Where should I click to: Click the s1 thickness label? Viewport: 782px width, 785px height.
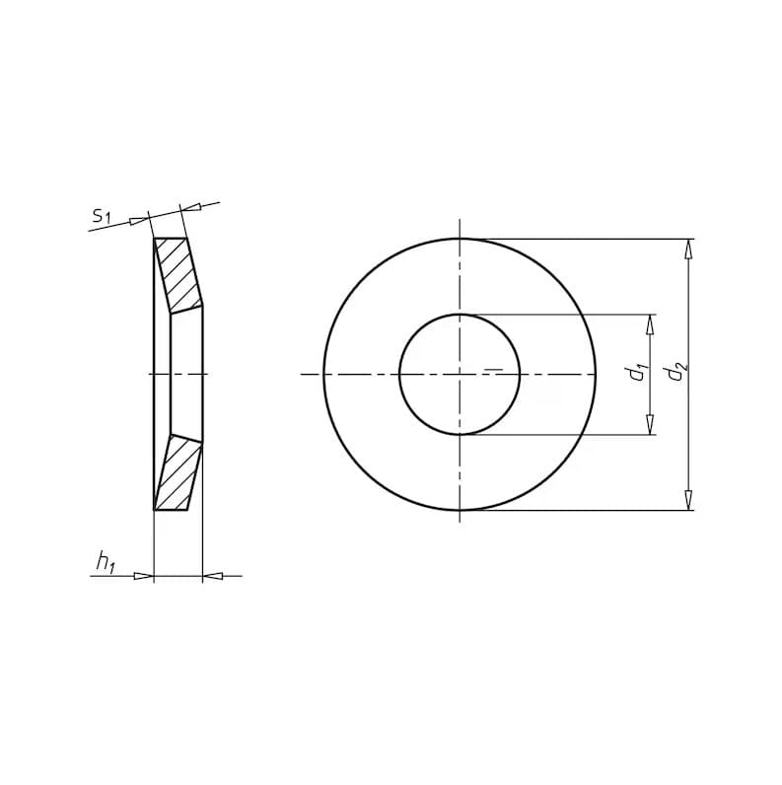102,215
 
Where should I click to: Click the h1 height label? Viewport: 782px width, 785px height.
106,562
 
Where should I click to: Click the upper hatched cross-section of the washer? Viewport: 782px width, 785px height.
178,275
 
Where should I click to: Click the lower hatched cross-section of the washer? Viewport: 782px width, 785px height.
178,472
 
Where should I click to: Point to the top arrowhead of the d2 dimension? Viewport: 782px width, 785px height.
689,249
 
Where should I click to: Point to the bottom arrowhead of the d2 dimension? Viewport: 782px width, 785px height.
689,501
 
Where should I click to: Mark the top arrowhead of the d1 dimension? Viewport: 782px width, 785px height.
650,323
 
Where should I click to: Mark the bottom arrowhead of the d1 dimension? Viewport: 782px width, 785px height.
650,424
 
